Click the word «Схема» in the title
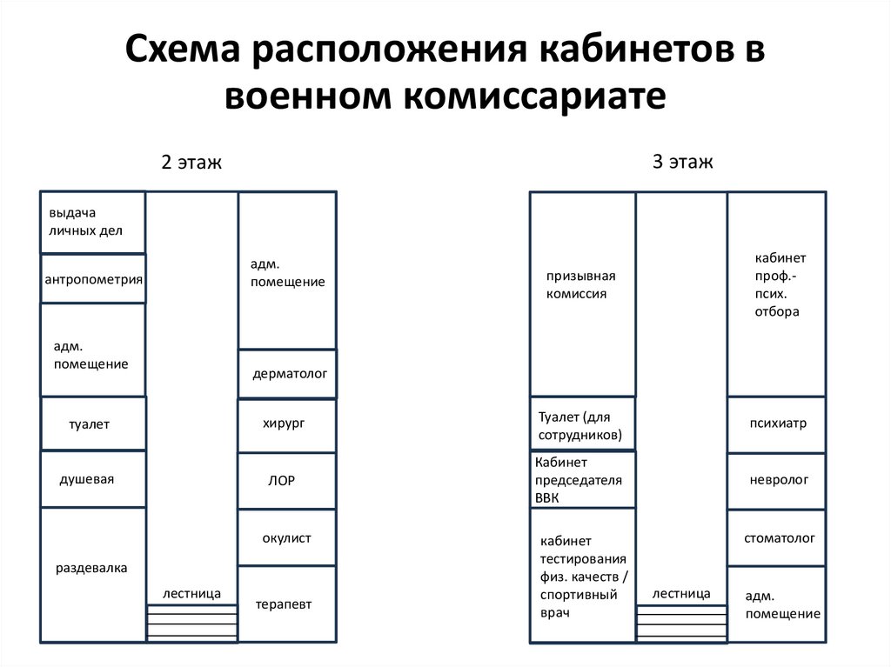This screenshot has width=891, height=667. pyautogui.click(x=183, y=49)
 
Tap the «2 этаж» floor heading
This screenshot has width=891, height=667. pyautogui.click(x=191, y=162)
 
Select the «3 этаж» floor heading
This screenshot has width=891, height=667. pyautogui.click(x=682, y=162)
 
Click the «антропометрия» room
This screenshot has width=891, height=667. pyautogui.click(x=93, y=278)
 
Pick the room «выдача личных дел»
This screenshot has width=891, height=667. pyautogui.click(x=93, y=222)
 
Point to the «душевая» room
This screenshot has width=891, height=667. pyautogui.click(x=93, y=479)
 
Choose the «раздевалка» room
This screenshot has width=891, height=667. pyautogui.click(x=93, y=575)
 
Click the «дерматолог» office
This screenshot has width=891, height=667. pyautogui.click(x=287, y=374)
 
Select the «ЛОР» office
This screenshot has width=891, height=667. pyautogui.click(x=287, y=481)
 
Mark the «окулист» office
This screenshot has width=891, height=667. pyautogui.click(x=287, y=537)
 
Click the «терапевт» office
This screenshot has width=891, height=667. pyautogui.click(x=287, y=604)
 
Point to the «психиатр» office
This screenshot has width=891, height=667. pyautogui.click(x=777, y=424)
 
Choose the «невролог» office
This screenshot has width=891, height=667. pyautogui.click(x=777, y=481)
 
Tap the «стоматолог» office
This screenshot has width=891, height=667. pyautogui.click(x=777, y=537)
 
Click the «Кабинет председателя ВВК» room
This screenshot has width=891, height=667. pyautogui.click(x=583, y=479)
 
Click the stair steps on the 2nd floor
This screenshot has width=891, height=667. pyautogui.click(x=192, y=624)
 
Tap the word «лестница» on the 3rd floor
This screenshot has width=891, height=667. pyautogui.click(x=681, y=594)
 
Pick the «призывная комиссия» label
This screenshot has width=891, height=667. pyautogui.click(x=580, y=284)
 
